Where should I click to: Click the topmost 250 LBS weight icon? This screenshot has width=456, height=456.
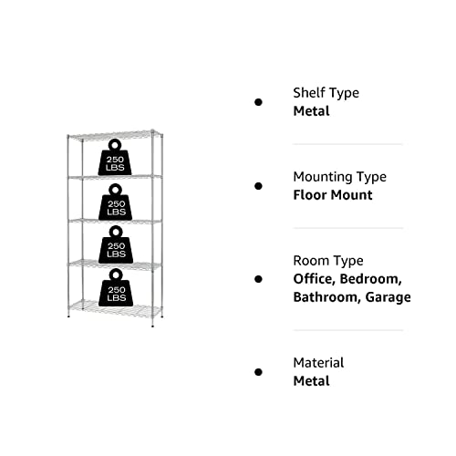[115, 158]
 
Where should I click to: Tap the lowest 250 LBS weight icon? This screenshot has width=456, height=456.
[116, 287]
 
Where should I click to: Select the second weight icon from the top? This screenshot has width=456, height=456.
[115, 202]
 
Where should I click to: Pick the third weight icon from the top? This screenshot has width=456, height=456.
[116, 244]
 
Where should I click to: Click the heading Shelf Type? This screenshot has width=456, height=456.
[326, 93]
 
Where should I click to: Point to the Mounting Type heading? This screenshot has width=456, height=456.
[340, 177]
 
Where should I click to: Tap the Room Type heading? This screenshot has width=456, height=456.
[328, 261]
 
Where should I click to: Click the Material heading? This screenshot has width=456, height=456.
[318, 363]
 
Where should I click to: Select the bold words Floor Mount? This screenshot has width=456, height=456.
[333, 195]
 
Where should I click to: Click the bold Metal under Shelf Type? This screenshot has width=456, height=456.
[311, 111]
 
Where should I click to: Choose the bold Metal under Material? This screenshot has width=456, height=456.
[311, 381]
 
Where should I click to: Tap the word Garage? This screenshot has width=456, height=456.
[388, 297]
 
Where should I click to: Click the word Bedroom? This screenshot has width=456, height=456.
[370, 279]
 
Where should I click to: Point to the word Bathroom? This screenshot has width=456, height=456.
[327, 297]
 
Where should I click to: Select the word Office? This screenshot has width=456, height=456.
[315, 279]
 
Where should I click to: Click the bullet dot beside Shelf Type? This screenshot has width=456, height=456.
[258, 102]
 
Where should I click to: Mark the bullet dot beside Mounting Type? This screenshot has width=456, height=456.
[258, 186]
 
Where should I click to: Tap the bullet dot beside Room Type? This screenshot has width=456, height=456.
[258, 279]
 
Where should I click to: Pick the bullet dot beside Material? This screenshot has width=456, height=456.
[258, 372]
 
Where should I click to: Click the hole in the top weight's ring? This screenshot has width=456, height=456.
[115, 145]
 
